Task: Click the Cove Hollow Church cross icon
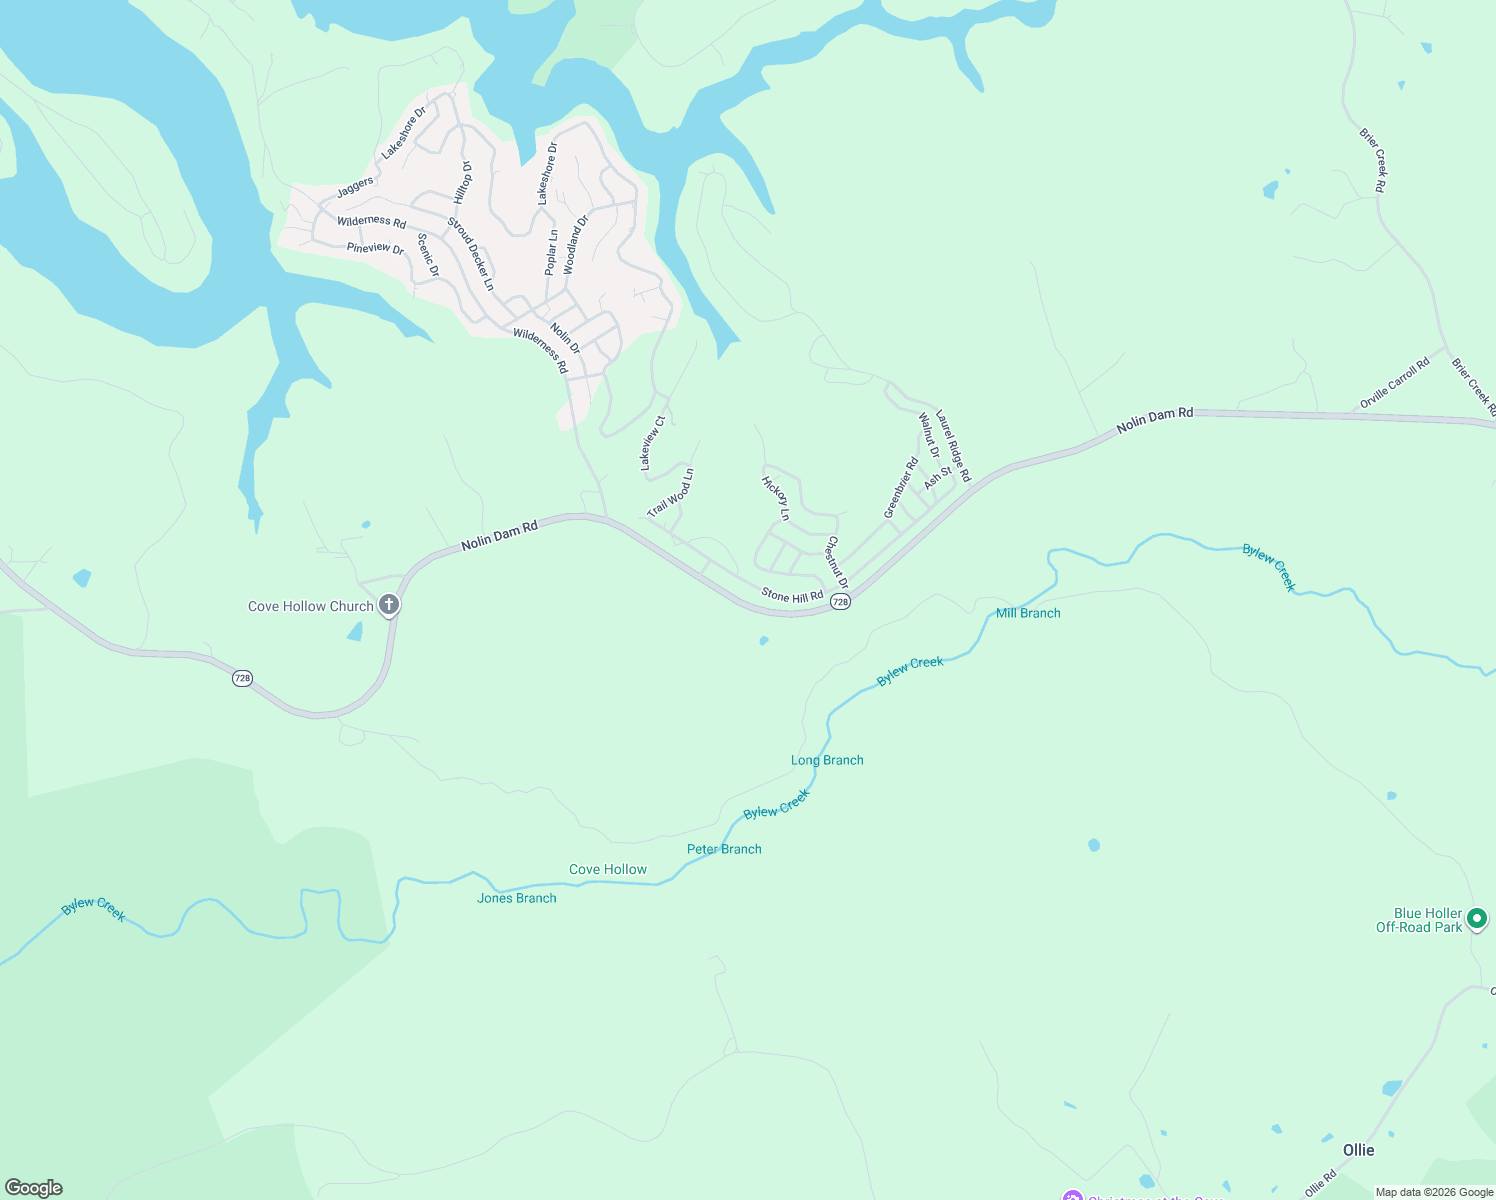click(x=390, y=605)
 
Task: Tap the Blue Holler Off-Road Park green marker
click(x=1477, y=918)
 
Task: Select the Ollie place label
click(x=1358, y=1150)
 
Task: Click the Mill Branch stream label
click(x=1028, y=613)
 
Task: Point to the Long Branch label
click(x=827, y=760)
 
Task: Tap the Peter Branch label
click(x=724, y=849)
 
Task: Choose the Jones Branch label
click(x=517, y=898)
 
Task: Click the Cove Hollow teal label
click(x=608, y=869)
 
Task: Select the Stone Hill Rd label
click(x=792, y=596)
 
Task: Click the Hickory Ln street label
click(x=776, y=498)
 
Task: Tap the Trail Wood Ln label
click(x=670, y=493)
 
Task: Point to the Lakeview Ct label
click(x=652, y=444)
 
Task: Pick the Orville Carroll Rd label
click(x=1394, y=385)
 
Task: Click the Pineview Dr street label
click(x=375, y=248)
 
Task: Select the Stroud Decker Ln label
click(x=470, y=254)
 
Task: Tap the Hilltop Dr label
click(x=463, y=183)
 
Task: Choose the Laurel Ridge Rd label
click(x=953, y=449)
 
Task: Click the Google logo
click(x=34, y=1188)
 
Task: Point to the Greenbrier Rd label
click(x=901, y=488)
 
